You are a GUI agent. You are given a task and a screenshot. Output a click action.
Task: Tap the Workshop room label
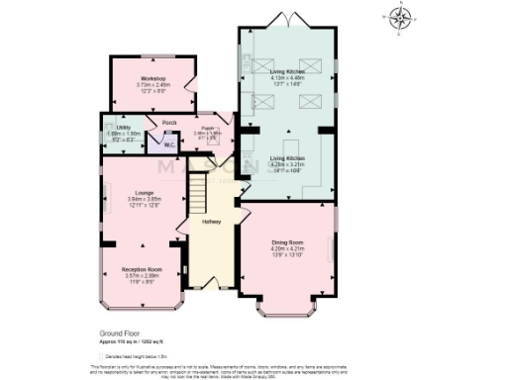point(152,78)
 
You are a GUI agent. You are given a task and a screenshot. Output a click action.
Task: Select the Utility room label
point(124,128)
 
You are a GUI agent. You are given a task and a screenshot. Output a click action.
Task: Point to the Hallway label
point(211,222)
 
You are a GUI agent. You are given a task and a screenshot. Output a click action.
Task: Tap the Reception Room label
point(141,268)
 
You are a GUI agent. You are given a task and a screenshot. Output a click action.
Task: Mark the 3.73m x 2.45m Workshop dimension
point(152,85)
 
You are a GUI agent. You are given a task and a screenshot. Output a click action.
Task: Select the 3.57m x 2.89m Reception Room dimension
point(141,275)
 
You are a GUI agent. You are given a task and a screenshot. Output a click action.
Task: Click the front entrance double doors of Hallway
point(211,284)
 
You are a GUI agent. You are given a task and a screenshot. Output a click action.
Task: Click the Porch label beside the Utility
point(156,122)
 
